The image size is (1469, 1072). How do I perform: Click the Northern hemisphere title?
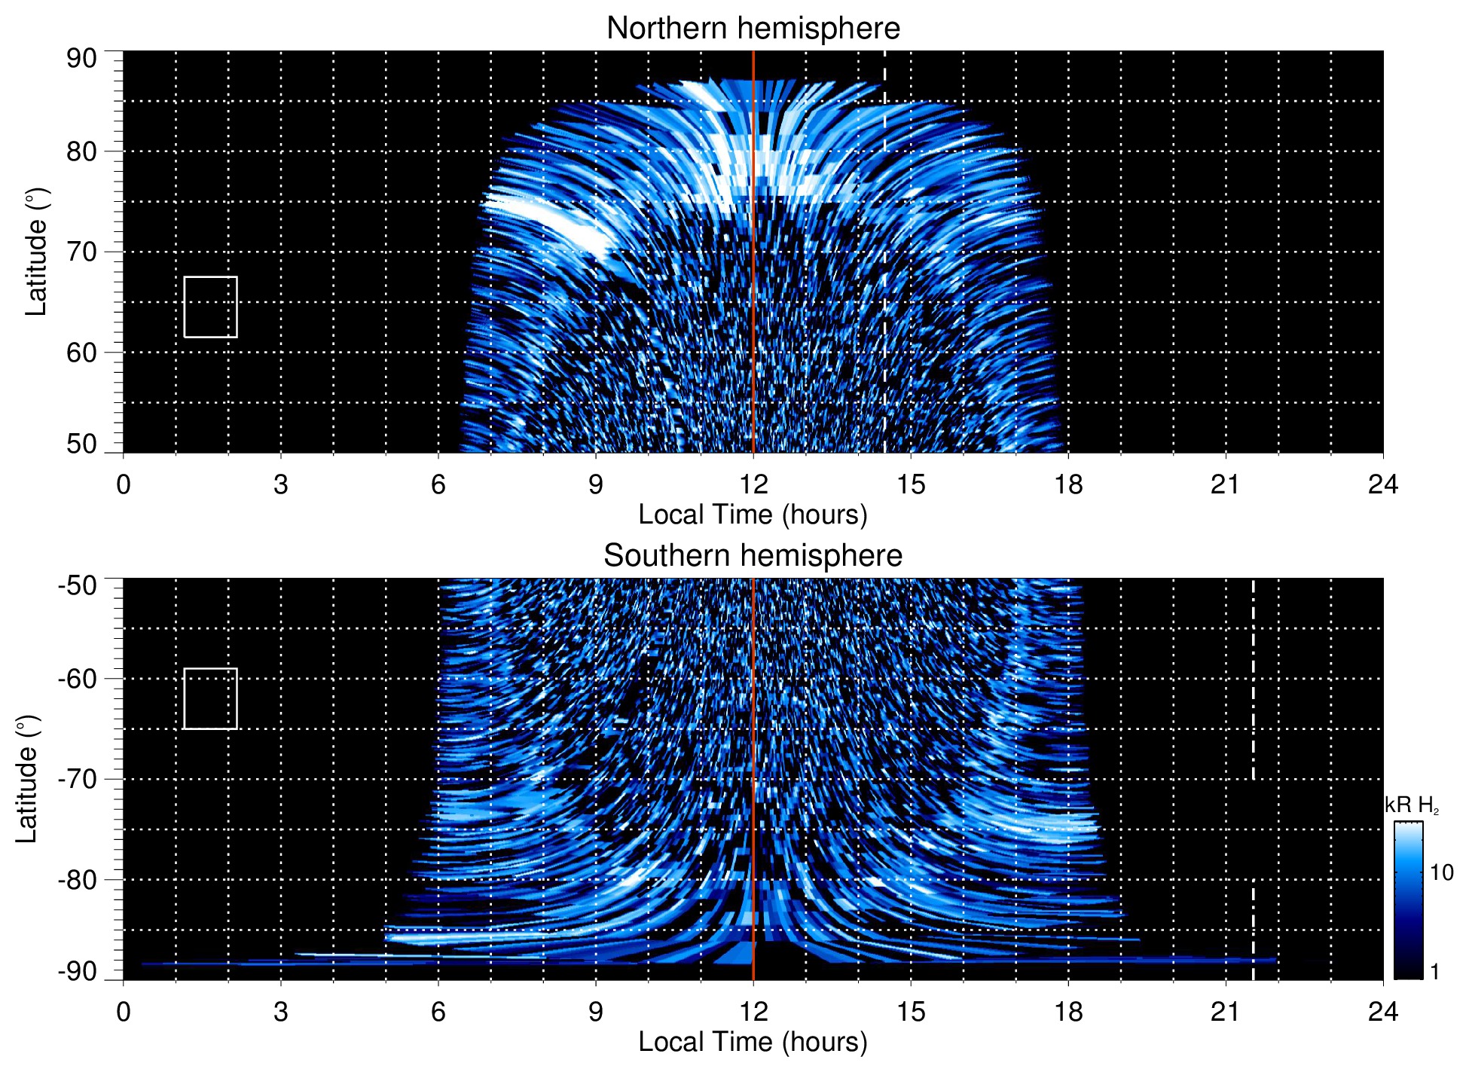753,29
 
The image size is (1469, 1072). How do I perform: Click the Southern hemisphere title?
753,556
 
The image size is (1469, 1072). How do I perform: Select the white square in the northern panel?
210,307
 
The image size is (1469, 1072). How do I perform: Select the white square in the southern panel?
210,698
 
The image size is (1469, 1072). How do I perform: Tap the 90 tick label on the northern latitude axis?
81,59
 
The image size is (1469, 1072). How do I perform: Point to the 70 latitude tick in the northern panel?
81,252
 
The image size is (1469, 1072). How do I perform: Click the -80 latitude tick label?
78,879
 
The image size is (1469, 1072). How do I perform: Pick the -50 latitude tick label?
78,585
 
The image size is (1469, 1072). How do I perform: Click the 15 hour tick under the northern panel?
910,484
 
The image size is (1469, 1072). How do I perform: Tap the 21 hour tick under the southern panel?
1225,1012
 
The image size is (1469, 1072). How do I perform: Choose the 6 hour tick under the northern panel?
438,484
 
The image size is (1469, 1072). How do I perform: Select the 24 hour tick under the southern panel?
1382,1012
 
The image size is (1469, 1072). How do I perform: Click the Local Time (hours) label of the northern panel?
753,515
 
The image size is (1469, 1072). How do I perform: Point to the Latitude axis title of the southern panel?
27,779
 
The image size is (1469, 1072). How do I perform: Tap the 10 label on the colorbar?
1441,873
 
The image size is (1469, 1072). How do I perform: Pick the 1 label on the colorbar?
1434,972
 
